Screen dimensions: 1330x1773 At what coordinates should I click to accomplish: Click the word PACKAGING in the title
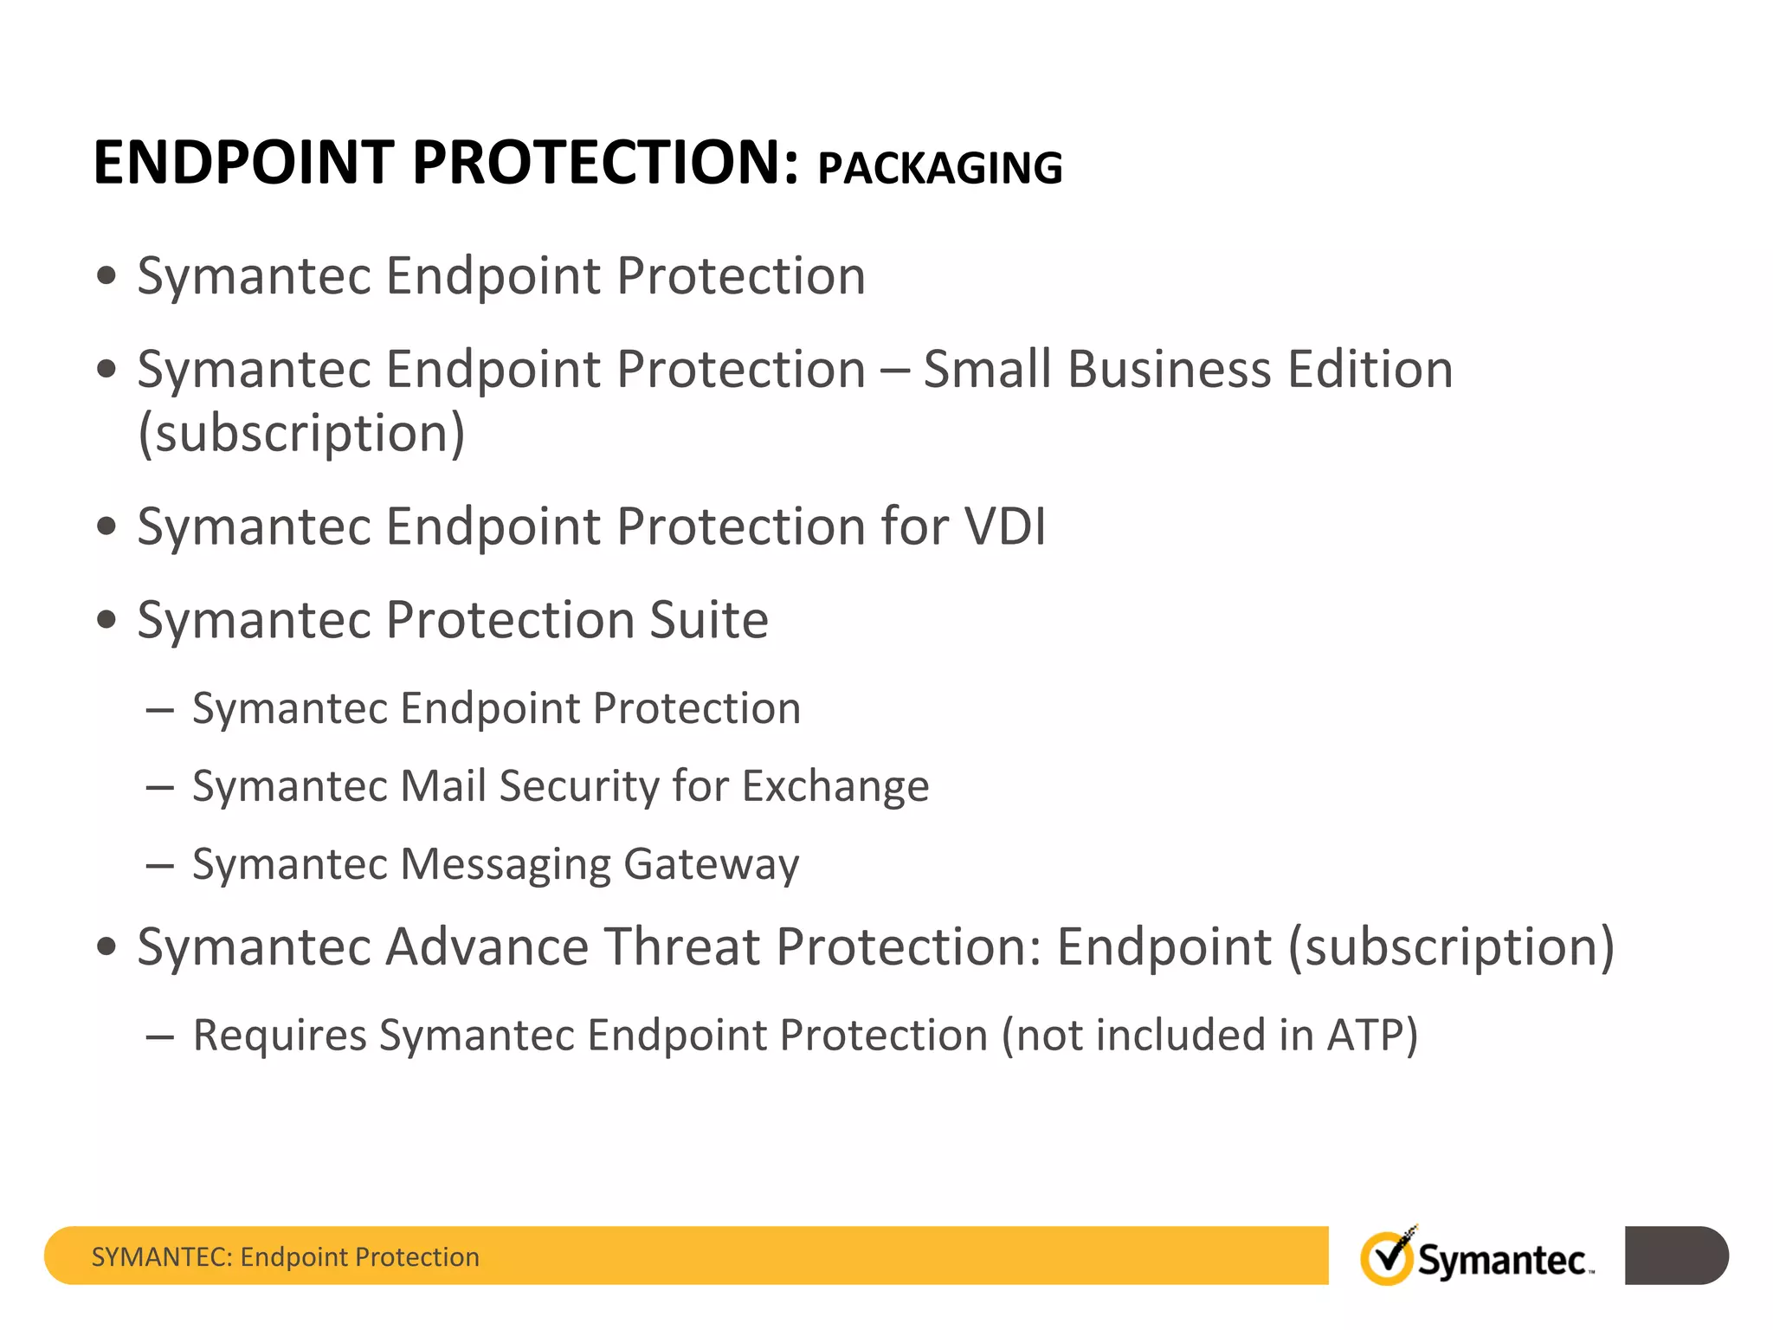click(939, 168)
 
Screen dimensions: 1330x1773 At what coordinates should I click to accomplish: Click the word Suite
click(708, 620)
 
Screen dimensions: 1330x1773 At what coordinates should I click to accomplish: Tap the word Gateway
click(711, 864)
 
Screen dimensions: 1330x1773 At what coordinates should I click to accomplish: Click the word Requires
click(280, 1036)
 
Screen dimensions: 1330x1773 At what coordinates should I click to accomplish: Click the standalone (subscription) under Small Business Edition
click(301, 434)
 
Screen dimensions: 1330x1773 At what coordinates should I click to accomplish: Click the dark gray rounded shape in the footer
click(1675, 1256)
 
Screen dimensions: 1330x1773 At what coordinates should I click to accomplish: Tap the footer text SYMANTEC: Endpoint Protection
click(285, 1256)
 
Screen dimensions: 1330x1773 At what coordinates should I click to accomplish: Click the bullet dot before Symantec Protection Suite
click(106, 620)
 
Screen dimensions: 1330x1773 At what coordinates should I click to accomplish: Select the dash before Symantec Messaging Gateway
click(160, 865)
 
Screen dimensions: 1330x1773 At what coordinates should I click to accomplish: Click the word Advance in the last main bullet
click(486, 946)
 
